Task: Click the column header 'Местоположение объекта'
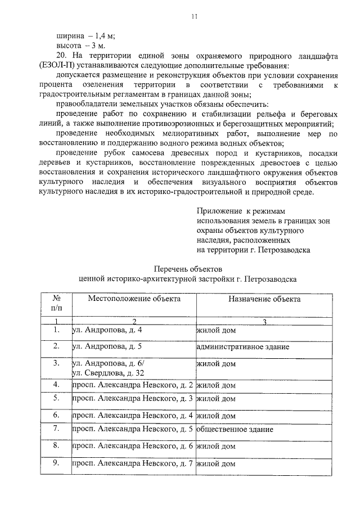[134, 299]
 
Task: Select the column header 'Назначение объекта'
[264, 299]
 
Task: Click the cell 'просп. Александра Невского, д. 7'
[133, 464]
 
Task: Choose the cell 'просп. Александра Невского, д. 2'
[133, 385]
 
